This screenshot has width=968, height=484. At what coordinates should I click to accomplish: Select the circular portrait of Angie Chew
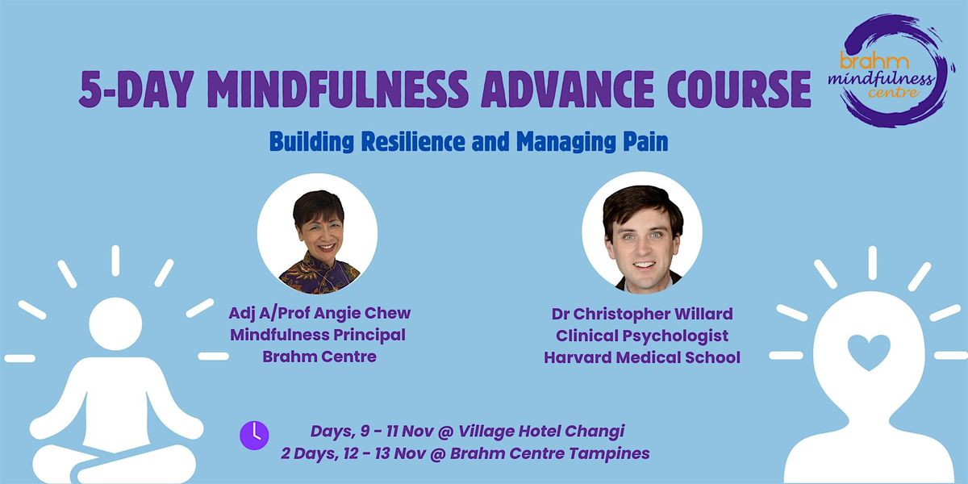tap(318, 234)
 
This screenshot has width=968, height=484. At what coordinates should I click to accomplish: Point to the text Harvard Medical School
tap(643, 357)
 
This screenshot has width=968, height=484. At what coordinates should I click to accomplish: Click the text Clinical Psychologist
tap(643, 336)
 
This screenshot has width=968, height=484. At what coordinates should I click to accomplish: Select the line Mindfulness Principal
tap(318, 335)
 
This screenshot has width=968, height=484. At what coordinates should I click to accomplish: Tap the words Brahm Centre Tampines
tap(561, 453)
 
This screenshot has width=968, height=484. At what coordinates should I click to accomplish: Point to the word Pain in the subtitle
tap(649, 143)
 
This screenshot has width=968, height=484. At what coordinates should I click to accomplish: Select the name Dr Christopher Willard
tap(643, 314)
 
